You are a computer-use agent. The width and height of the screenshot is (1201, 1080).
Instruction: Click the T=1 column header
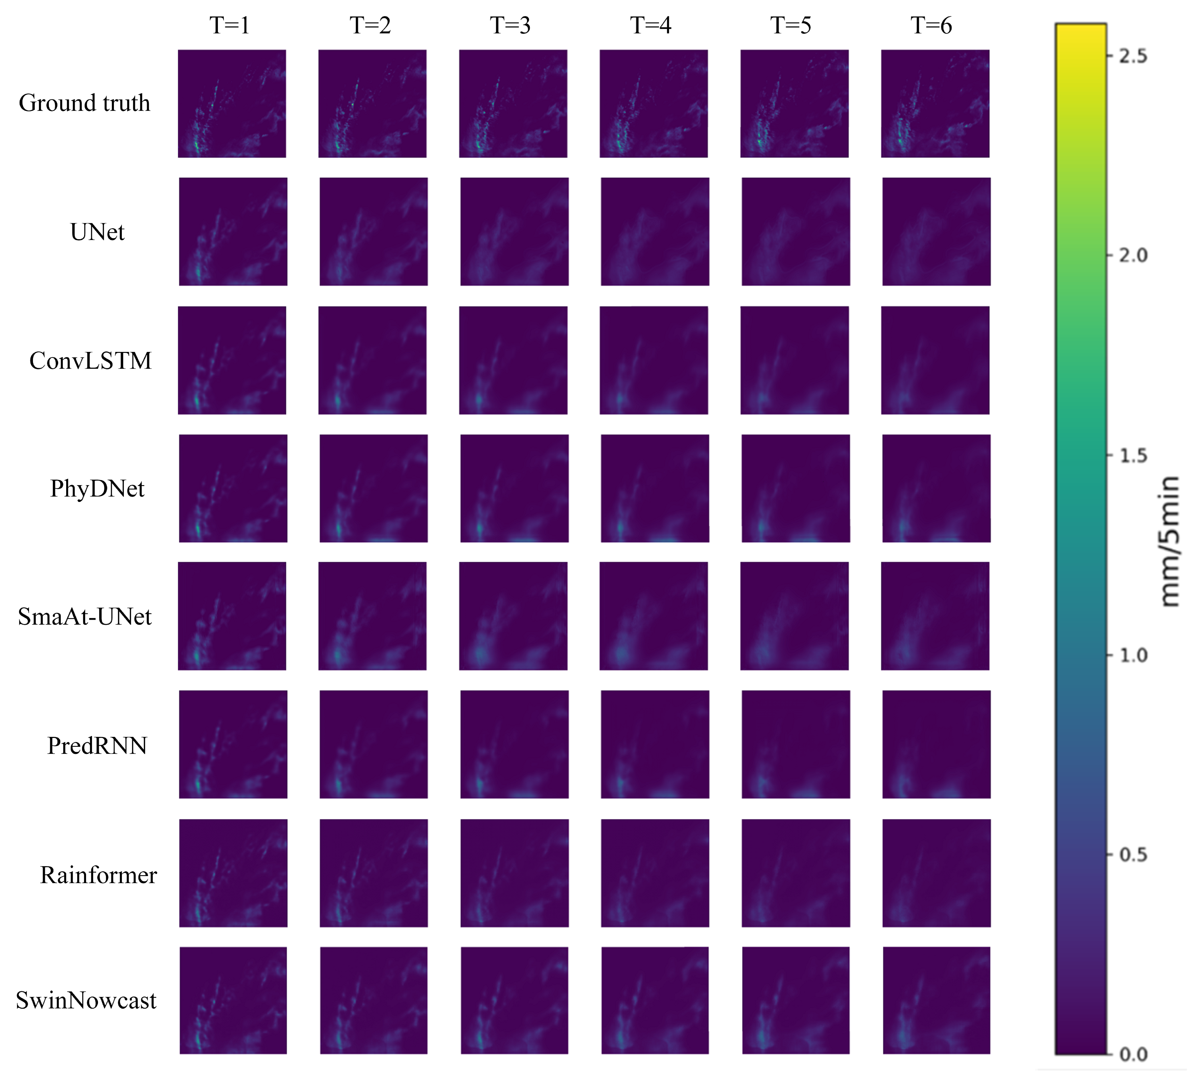pyautogui.click(x=230, y=26)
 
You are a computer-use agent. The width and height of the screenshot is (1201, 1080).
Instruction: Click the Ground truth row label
pyautogui.click(x=85, y=103)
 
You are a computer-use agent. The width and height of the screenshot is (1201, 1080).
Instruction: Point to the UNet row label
pyautogui.click(x=97, y=232)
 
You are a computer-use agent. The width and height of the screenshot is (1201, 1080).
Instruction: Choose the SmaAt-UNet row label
pyautogui.click(x=85, y=617)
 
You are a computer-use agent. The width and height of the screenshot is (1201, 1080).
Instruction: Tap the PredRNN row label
pyautogui.click(x=97, y=746)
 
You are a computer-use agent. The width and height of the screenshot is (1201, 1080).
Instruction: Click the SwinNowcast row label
pyautogui.click(x=86, y=1000)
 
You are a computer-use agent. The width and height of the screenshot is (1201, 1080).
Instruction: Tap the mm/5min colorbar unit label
pyautogui.click(x=1169, y=541)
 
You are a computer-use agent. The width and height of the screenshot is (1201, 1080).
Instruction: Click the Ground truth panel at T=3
pyautogui.click(x=513, y=104)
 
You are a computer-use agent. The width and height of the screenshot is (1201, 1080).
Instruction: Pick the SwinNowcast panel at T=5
pyautogui.click(x=796, y=1000)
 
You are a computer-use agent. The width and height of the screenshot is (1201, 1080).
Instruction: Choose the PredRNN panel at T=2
pyautogui.click(x=373, y=745)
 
